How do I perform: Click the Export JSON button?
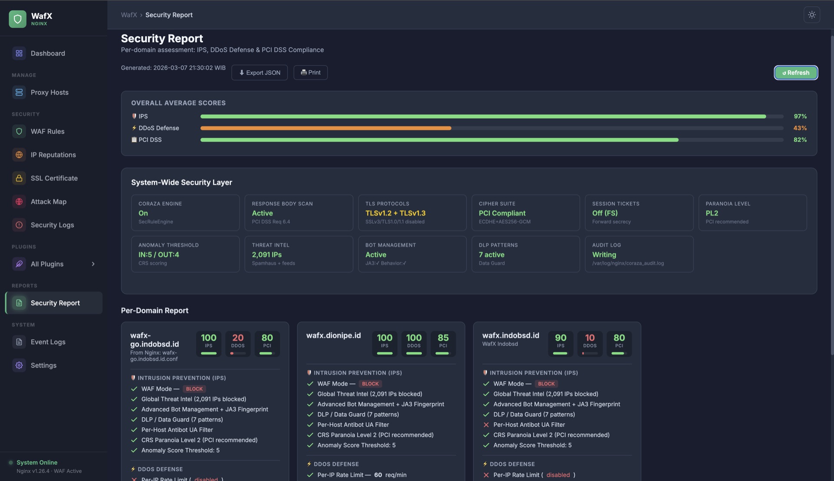pyautogui.click(x=259, y=73)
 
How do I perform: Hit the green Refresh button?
pyautogui.click(x=796, y=73)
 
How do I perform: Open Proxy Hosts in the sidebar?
pyautogui.click(x=49, y=93)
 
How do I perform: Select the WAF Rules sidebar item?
pyautogui.click(x=47, y=131)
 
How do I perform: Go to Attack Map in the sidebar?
pyautogui.click(x=48, y=202)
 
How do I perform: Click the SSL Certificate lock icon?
pyautogui.click(x=19, y=178)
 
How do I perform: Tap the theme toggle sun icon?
pyautogui.click(x=811, y=15)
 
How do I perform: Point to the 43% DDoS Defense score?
pyautogui.click(x=800, y=128)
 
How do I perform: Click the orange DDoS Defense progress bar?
pyautogui.click(x=326, y=128)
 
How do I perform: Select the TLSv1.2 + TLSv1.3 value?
pyautogui.click(x=395, y=213)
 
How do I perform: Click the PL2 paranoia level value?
pyautogui.click(x=712, y=213)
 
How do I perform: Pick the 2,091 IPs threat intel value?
pyautogui.click(x=267, y=255)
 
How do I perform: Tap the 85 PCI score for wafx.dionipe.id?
pyautogui.click(x=443, y=338)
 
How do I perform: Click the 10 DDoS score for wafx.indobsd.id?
pyautogui.click(x=589, y=338)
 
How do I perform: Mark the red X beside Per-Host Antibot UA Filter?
pyautogui.click(x=486, y=425)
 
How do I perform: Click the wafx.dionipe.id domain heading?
pyautogui.click(x=333, y=335)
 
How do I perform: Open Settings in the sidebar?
pyautogui.click(x=43, y=365)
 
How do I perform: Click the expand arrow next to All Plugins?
pyautogui.click(x=93, y=264)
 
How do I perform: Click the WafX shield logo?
pyautogui.click(x=18, y=19)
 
